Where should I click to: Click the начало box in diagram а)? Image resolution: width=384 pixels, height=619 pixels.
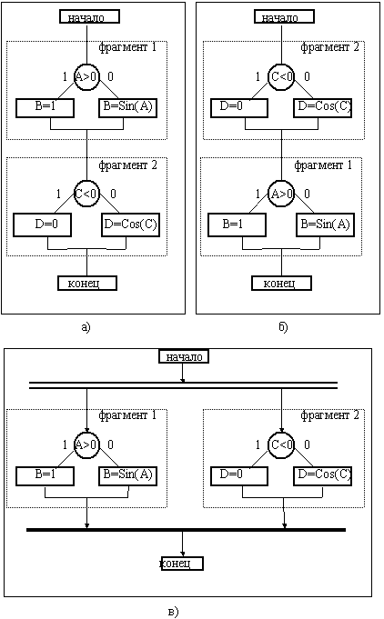pyautogui.click(x=89, y=16)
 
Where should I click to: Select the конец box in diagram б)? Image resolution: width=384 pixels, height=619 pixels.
pyautogui.click(x=281, y=283)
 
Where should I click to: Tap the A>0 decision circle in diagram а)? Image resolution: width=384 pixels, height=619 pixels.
pyautogui.click(x=87, y=76)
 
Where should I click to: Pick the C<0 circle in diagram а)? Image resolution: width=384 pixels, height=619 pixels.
pyautogui.click(x=87, y=195)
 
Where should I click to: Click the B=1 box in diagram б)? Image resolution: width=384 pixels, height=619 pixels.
pyautogui.click(x=237, y=225)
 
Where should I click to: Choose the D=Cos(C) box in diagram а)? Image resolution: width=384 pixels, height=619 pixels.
pyautogui.click(x=130, y=225)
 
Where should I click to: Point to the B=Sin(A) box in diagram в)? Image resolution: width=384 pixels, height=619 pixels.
pyautogui.click(x=127, y=475)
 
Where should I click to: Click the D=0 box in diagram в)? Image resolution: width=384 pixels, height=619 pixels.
pyautogui.click(x=239, y=475)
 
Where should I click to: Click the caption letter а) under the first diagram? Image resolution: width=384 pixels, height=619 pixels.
pyautogui.click(x=86, y=327)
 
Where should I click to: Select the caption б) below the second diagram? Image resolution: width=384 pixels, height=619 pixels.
pyautogui.click(x=283, y=327)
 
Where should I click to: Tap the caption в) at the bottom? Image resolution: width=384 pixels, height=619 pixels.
pyautogui.click(x=174, y=612)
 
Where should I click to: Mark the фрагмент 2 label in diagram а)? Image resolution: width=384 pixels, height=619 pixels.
pyautogui.click(x=127, y=165)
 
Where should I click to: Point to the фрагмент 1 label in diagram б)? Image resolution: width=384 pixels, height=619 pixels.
pyautogui.click(x=323, y=165)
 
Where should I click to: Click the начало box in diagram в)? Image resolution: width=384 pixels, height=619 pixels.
pyautogui.click(x=184, y=356)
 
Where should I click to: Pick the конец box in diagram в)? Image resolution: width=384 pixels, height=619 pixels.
pyautogui.click(x=182, y=564)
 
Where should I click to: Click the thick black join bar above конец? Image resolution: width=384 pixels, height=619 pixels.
pyautogui.click(x=186, y=530)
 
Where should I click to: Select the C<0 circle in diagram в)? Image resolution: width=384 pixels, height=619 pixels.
pyautogui.click(x=281, y=444)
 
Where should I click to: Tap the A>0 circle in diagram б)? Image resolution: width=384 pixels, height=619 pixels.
pyautogui.click(x=281, y=195)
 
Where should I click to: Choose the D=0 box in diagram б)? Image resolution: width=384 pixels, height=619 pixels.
pyautogui.click(x=239, y=108)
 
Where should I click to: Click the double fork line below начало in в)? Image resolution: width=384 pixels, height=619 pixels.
pyautogui.click(x=183, y=385)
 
